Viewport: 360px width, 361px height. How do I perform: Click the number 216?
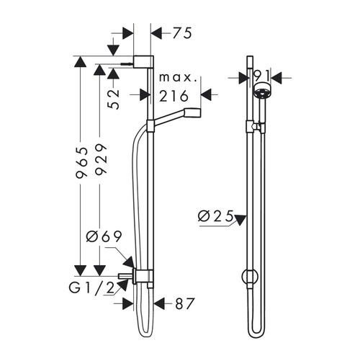click(x=174, y=95)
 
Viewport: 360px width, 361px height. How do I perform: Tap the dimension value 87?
click(x=186, y=304)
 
